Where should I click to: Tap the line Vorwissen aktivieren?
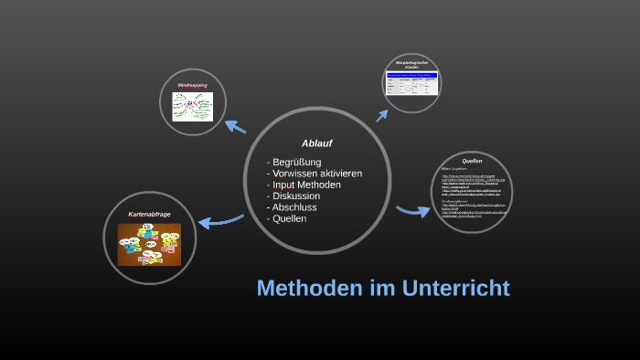click(x=315, y=174)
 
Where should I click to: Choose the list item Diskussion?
click(x=293, y=196)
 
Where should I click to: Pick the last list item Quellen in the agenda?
click(x=289, y=218)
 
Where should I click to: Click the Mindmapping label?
click(x=192, y=86)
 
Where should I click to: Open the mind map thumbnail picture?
click(x=192, y=108)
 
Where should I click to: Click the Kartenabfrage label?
click(x=149, y=214)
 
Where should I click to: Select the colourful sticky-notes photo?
click(x=149, y=244)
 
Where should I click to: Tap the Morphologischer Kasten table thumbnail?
click(x=411, y=84)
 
